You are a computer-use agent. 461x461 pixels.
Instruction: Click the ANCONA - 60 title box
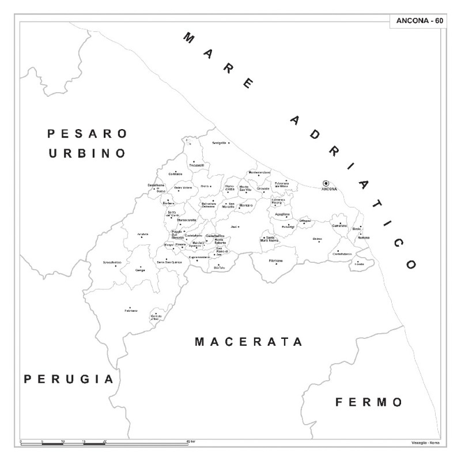(x=419, y=21)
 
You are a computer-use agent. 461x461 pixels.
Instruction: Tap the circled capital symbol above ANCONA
(x=326, y=183)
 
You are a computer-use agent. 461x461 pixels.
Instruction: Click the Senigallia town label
(x=220, y=143)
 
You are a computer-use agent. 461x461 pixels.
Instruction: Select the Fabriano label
(x=131, y=311)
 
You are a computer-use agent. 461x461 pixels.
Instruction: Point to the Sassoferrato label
(x=112, y=263)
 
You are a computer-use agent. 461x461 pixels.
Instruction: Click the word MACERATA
(x=248, y=342)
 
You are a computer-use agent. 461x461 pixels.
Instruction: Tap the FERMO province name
(x=369, y=402)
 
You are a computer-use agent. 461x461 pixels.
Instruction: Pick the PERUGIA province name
(x=69, y=379)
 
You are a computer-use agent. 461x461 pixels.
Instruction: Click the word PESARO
(x=87, y=134)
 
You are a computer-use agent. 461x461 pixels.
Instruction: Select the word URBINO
(x=87, y=153)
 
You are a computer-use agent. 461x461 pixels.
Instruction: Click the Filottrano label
(x=275, y=261)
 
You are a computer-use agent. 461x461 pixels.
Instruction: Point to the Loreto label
(x=360, y=264)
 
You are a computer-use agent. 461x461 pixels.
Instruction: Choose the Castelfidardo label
(x=341, y=254)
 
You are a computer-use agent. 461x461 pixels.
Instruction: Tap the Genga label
(x=140, y=270)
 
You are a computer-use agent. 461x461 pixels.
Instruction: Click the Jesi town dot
(x=239, y=226)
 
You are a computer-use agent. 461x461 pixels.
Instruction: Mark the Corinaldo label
(x=175, y=173)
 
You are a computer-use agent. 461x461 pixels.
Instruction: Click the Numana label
(x=364, y=237)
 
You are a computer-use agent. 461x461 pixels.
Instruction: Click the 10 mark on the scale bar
(x=62, y=440)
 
